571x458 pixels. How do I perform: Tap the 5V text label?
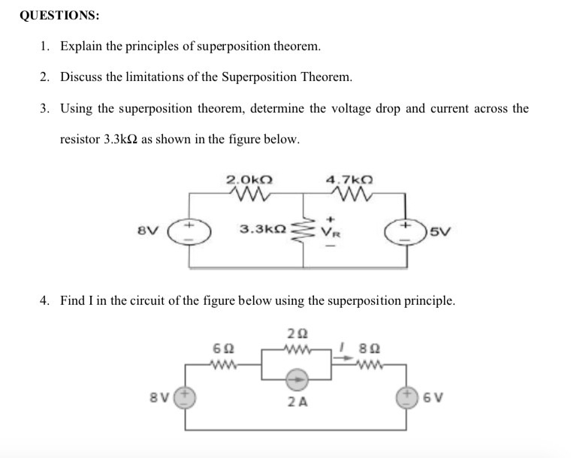(441, 230)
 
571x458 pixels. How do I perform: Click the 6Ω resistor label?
(223, 349)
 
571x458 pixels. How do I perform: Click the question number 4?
(46, 301)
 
